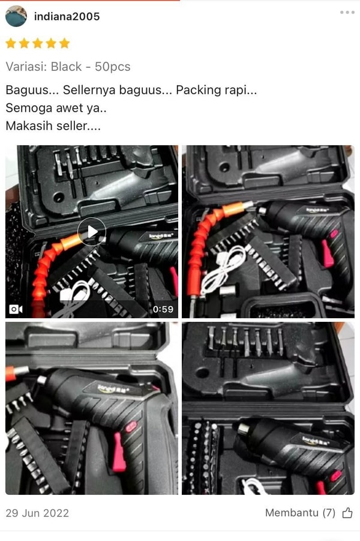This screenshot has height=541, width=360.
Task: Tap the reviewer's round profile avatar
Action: (16, 16)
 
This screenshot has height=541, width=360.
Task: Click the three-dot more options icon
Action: (347, 13)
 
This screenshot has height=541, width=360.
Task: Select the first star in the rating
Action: (11, 43)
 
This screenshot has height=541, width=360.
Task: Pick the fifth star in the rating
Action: (64, 43)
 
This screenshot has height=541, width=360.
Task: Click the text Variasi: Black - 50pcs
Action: (68, 67)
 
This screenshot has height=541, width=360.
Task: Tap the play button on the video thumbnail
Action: (92, 232)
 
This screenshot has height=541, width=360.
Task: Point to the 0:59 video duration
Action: (163, 309)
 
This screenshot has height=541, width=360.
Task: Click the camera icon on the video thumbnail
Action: (16, 309)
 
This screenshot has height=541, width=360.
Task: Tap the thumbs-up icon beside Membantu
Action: (347, 513)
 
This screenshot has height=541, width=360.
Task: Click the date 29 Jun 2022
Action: (37, 513)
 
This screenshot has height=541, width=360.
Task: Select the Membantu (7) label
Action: (300, 513)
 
